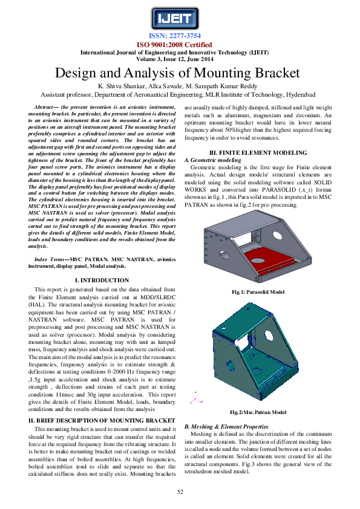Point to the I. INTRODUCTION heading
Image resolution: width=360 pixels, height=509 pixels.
(101, 280)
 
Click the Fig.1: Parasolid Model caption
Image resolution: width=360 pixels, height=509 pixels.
(258, 293)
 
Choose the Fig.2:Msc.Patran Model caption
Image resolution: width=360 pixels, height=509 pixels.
(258, 412)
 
